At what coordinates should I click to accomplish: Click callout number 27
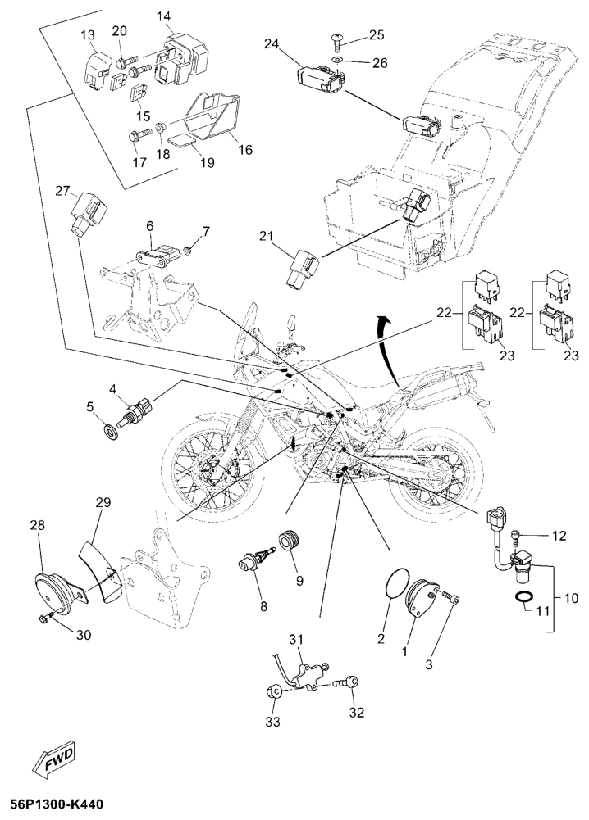pyautogui.click(x=62, y=191)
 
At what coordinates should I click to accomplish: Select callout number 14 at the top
pyautogui.click(x=164, y=16)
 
